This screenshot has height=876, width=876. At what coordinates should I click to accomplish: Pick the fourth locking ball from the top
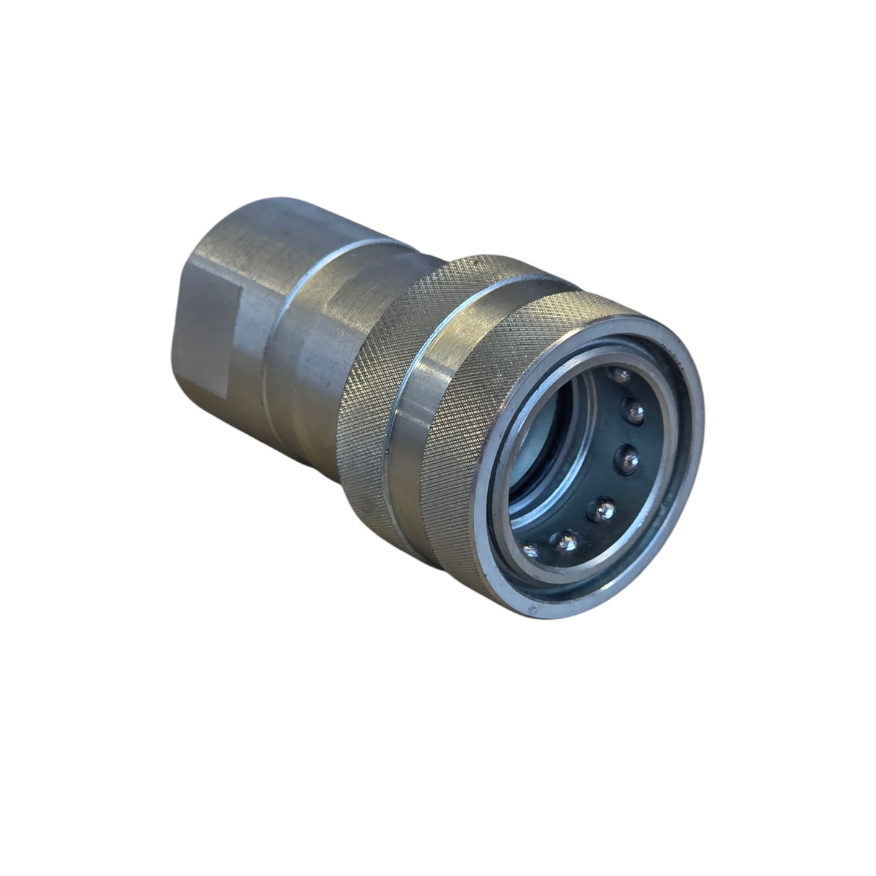click(600, 509)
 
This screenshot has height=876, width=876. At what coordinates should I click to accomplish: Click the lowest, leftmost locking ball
click(530, 551)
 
